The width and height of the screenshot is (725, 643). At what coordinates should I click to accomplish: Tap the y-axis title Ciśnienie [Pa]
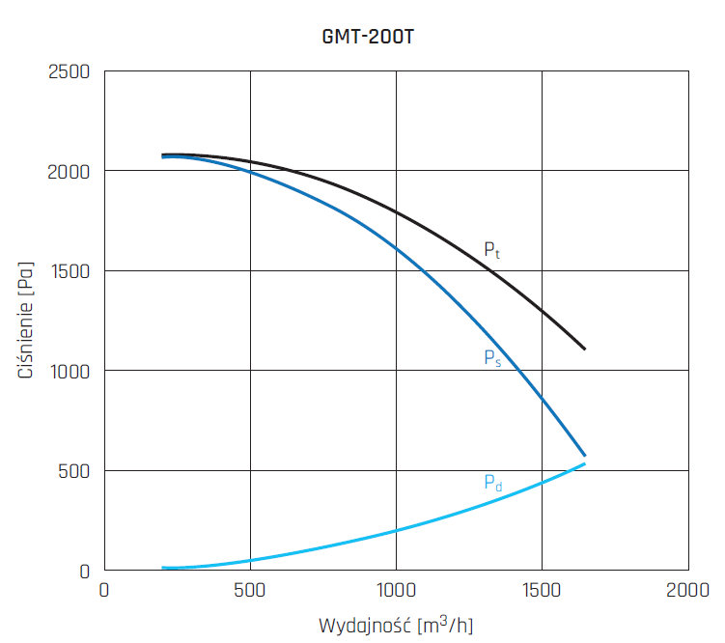26,321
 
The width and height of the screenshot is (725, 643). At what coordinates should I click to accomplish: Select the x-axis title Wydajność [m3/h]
397,625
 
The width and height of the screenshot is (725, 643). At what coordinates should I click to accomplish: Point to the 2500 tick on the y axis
69,71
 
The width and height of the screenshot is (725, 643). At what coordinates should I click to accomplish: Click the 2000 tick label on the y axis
69,171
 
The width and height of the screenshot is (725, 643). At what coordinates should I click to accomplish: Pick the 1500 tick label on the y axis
70,271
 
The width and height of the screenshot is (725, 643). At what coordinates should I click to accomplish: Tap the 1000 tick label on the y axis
70,371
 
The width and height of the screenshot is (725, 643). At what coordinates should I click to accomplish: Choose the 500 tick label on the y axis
74,471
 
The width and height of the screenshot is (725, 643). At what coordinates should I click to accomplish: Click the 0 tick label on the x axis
104,590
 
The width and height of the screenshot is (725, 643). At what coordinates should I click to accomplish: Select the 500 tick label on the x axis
250,590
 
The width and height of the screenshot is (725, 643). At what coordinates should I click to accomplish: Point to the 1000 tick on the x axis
396,590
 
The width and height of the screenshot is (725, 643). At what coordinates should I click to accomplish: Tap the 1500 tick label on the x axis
542,590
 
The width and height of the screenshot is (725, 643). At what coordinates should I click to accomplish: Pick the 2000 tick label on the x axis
687,590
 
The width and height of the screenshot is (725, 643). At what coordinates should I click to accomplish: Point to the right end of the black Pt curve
585,349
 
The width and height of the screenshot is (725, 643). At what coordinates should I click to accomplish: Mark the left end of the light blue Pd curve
163,568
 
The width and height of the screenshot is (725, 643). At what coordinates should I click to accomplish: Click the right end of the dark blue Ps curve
585,456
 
